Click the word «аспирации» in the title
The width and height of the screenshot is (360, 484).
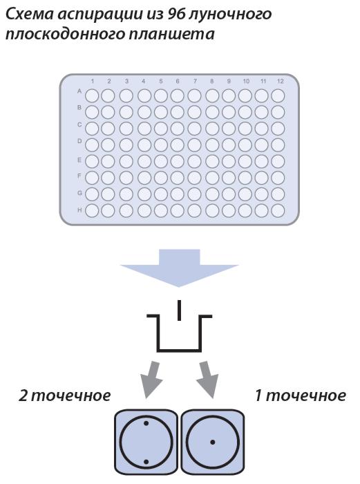tap(99, 14)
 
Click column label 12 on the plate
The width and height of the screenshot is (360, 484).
tap(280, 81)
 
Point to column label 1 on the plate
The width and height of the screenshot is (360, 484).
tap(92, 81)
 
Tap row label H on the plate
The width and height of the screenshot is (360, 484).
tap(79, 210)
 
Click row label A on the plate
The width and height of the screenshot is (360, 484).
tap(79, 91)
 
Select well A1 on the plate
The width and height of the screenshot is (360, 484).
tap(92, 95)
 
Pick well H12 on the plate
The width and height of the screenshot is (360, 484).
tap(278, 211)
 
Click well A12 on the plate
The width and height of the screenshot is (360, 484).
tap(278, 95)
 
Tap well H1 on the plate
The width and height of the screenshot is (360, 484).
tap(92, 211)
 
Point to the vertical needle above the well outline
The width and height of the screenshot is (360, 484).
tap(179, 310)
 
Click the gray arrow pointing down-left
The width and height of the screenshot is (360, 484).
tap(151, 380)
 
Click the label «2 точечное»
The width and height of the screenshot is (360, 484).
tap(64, 395)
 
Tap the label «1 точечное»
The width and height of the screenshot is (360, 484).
tap(301, 395)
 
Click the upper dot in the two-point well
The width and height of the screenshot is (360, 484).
tap(146, 423)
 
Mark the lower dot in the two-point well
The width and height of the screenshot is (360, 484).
tap(146, 462)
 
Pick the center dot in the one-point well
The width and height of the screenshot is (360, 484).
tap(213, 443)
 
